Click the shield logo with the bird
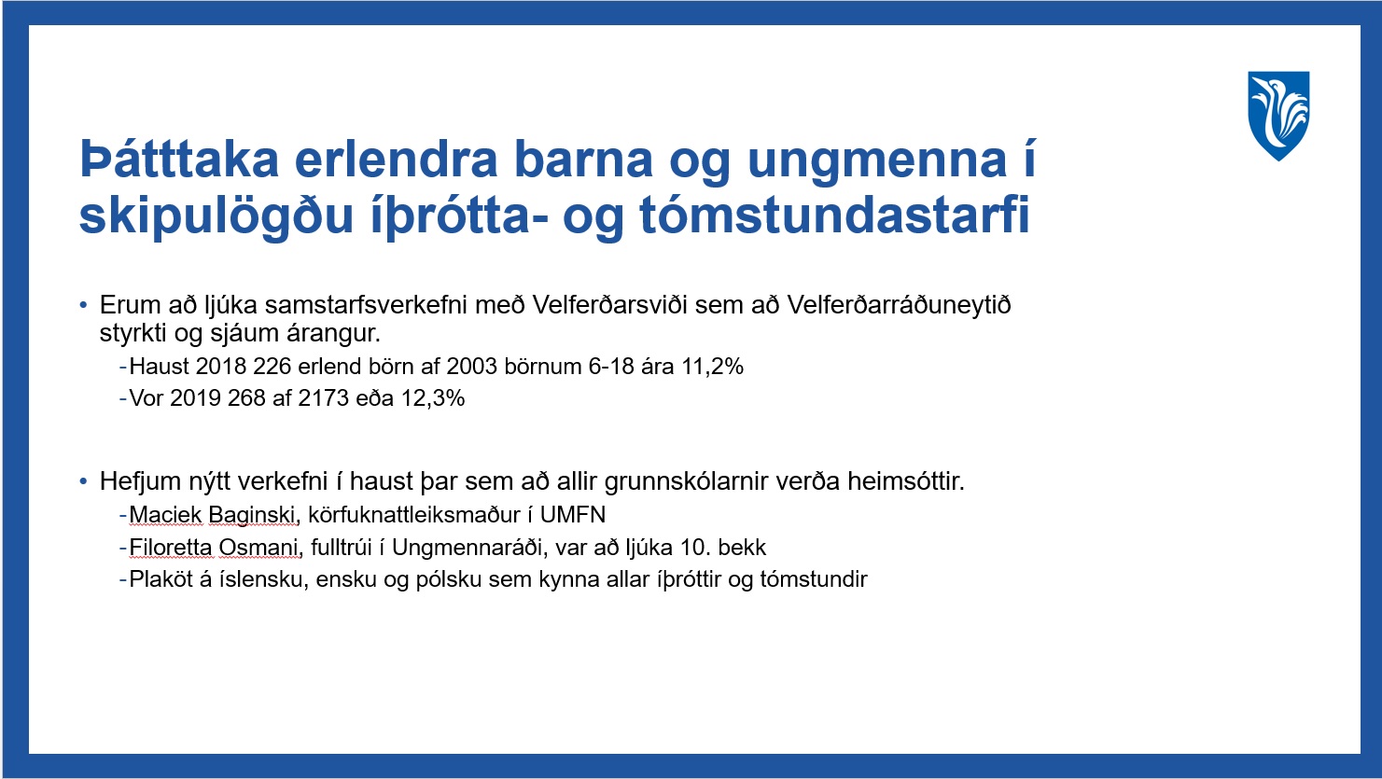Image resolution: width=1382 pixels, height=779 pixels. pyautogui.click(x=1278, y=116)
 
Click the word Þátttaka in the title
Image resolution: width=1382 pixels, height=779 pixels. pyautogui.click(x=179, y=160)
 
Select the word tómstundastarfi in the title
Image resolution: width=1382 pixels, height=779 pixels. pyautogui.click(x=835, y=216)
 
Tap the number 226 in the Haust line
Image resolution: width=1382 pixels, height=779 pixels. pyautogui.click(x=272, y=367)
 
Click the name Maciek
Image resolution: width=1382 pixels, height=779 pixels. pyautogui.click(x=166, y=515)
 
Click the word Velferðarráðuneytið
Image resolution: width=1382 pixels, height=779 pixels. pyautogui.click(x=899, y=305)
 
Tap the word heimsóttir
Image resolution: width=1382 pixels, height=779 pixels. pyautogui.click(x=906, y=481)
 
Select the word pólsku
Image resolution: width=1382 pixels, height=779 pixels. pyautogui.click(x=449, y=580)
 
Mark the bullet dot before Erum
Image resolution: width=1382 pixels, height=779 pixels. pyautogui.click(x=83, y=305)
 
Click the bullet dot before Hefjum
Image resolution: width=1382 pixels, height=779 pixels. pyautogui.click(x=83, y=481)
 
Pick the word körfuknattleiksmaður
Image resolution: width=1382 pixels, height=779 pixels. pyautogui.click(x=414, y=514)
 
